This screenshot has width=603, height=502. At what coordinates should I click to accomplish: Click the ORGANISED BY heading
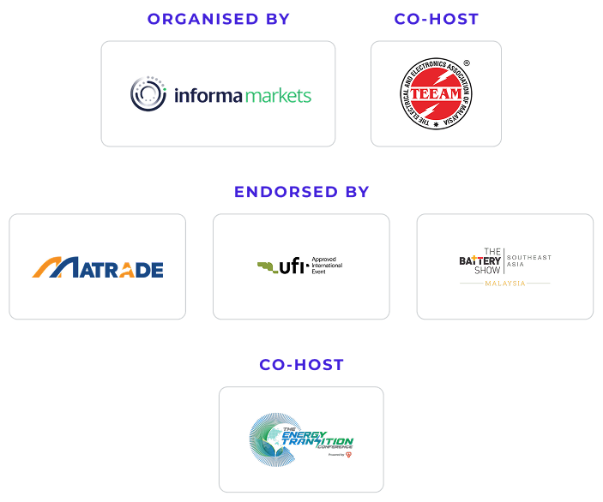(218, 19)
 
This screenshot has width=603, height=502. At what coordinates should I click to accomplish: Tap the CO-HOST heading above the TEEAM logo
(435, 19)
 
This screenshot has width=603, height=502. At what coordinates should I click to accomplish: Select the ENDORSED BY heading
(301, 192)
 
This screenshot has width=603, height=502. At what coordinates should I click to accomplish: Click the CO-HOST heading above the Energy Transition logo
(301, 365)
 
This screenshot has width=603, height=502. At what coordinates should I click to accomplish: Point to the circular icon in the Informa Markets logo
(148, 93)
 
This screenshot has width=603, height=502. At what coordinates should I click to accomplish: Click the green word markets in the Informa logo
(278, 95)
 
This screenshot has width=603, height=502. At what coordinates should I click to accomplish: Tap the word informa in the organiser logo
(208, 95)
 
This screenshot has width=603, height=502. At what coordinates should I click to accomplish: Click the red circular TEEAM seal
(436, 93)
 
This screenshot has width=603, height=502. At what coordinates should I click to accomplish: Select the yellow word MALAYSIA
(505, 283)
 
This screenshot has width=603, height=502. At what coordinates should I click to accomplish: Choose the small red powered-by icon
(349, 455)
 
